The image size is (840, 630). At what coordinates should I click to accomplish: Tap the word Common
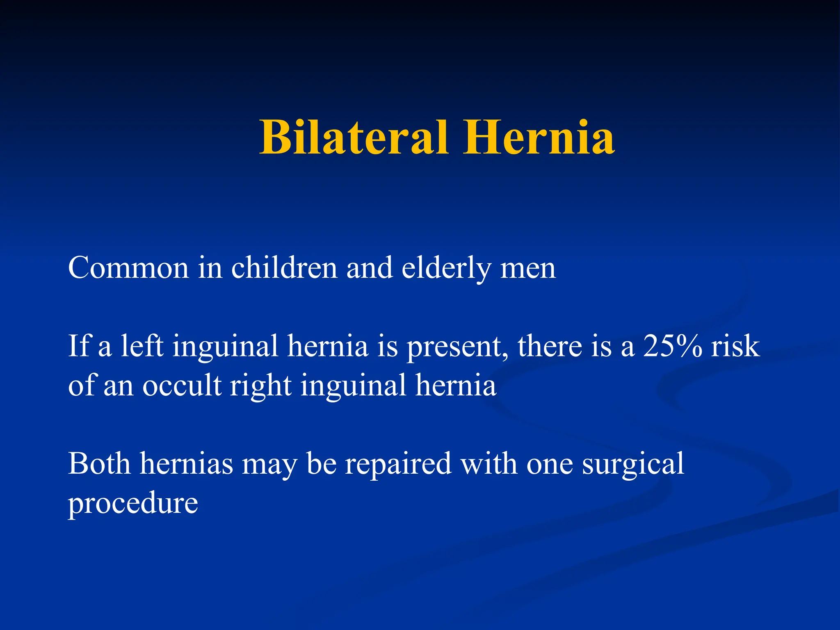click(128, 268)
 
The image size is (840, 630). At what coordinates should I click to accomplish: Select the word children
click(284, 268)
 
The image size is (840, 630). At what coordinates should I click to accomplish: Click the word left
click(142, 346)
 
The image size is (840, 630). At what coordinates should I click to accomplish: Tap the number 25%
click(672, 346)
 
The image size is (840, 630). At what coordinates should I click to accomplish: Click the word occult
click(182, 385)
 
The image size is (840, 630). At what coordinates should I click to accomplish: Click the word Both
click(99, 463)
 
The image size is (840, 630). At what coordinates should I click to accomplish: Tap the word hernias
click(186, 463)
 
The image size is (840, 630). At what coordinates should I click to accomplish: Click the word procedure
click(133, 504)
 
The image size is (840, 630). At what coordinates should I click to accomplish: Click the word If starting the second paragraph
click(78, 346)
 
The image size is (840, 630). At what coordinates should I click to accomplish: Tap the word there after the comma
click(550, 346)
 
